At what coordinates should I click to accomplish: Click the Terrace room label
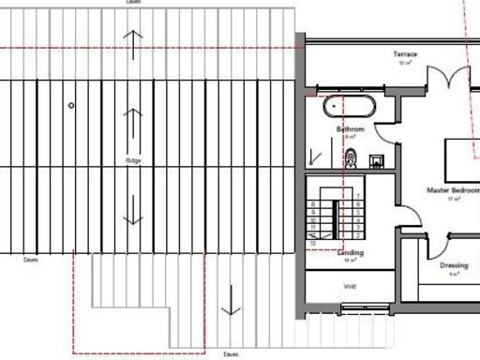406,54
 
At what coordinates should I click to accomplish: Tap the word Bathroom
350,127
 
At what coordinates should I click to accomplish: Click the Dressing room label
454,265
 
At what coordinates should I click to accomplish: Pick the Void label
350,287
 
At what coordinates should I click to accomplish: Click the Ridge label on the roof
133,160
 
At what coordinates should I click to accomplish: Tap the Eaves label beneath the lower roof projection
231,354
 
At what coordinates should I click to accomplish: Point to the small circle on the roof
71,106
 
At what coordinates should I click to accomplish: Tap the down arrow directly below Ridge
133,207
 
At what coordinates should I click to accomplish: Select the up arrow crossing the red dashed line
133,42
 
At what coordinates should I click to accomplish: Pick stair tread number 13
312,241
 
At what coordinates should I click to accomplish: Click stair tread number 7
358,197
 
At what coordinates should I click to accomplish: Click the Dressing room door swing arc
434,247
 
